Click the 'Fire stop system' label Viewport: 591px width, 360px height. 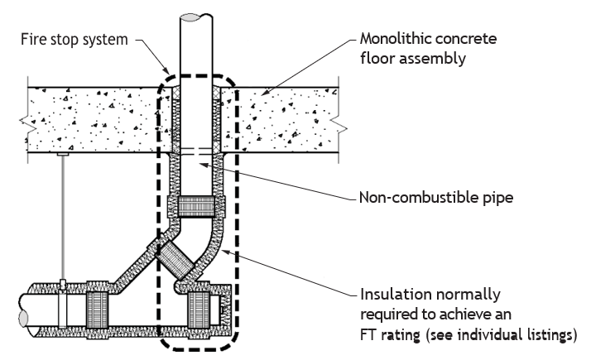click(74, 40)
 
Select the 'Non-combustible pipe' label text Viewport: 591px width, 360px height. click(436, 198)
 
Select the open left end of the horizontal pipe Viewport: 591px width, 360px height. click(23, 318)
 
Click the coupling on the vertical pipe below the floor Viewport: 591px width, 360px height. click(196, 207)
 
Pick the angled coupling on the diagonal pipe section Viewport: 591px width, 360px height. click(175, 259)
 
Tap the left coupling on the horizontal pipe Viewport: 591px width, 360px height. click(98, 310)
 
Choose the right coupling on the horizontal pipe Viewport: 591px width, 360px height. click(199, 310)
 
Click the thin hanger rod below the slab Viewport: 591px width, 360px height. click(63, 218)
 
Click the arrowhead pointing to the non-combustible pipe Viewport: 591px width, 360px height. click(204, 165)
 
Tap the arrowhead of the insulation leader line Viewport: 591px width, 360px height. click(223, 252)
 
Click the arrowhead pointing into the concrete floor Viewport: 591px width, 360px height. click(266, 92)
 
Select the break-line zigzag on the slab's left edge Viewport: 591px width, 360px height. click(24, 121)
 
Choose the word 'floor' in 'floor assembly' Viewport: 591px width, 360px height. click(377, 59)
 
